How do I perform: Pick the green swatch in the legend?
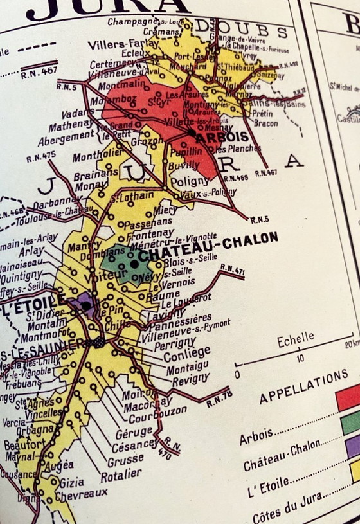tap(350, 422)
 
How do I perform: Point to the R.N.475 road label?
tap(40, 156)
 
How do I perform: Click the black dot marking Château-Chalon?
tap(134, 263)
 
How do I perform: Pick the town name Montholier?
tap(97, 157)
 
